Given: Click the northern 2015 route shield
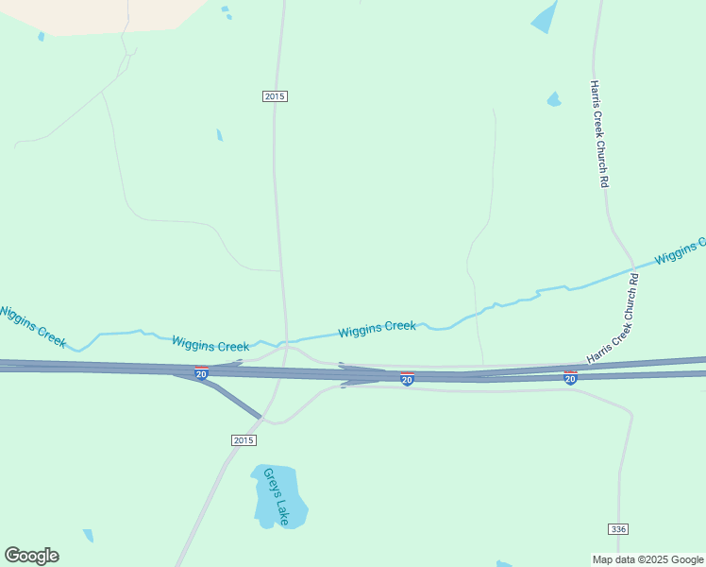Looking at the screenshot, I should tap(275, 96).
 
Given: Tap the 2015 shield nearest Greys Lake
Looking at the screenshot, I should tap(243, 440).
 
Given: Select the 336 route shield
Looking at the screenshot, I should tap(618, 528).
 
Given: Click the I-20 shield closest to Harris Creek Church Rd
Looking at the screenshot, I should tap(570, 377).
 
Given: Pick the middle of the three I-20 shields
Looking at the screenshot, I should tap(407, 379).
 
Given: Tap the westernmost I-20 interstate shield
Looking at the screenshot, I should tap(202, 373).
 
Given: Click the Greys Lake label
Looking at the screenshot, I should tap(276, 496).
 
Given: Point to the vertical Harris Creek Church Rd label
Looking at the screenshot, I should tap(597, 133).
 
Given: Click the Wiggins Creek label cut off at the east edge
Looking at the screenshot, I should tap(680, 251).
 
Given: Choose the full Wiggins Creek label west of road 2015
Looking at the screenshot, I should tap(210, 346).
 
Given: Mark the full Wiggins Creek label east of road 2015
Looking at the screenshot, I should tap(377, 328).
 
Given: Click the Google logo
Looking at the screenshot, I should tap(31, 556).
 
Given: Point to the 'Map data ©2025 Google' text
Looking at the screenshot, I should tap(647, 559).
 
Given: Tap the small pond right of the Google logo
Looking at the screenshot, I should tap(89, 536).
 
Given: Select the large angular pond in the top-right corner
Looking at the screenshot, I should tap(545, 17).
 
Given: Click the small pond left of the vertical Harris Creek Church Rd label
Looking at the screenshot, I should tap(554, 99).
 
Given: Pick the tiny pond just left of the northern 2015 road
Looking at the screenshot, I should tap(219, 135).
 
